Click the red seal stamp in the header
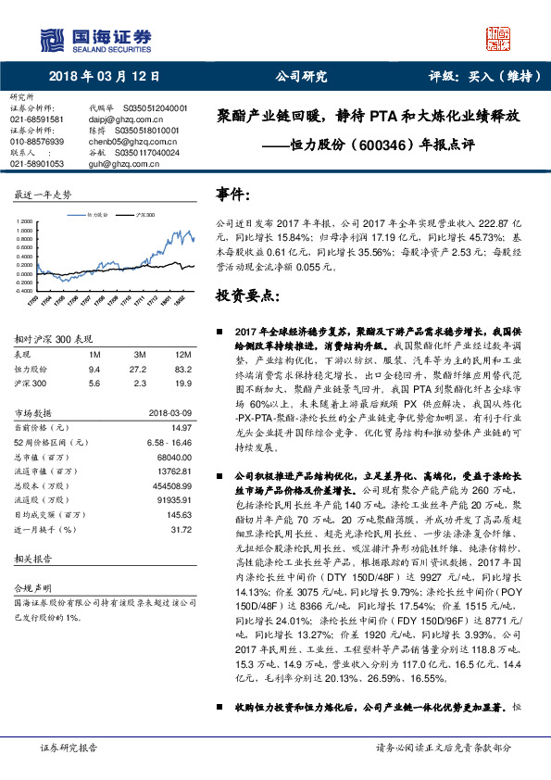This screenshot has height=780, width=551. pos(498,38)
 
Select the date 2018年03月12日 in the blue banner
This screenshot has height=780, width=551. pos(104,77)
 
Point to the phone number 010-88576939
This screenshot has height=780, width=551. pos(37,141)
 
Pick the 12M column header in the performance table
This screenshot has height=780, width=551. pos(182,355)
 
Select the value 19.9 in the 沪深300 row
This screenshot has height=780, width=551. pos(182,381)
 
